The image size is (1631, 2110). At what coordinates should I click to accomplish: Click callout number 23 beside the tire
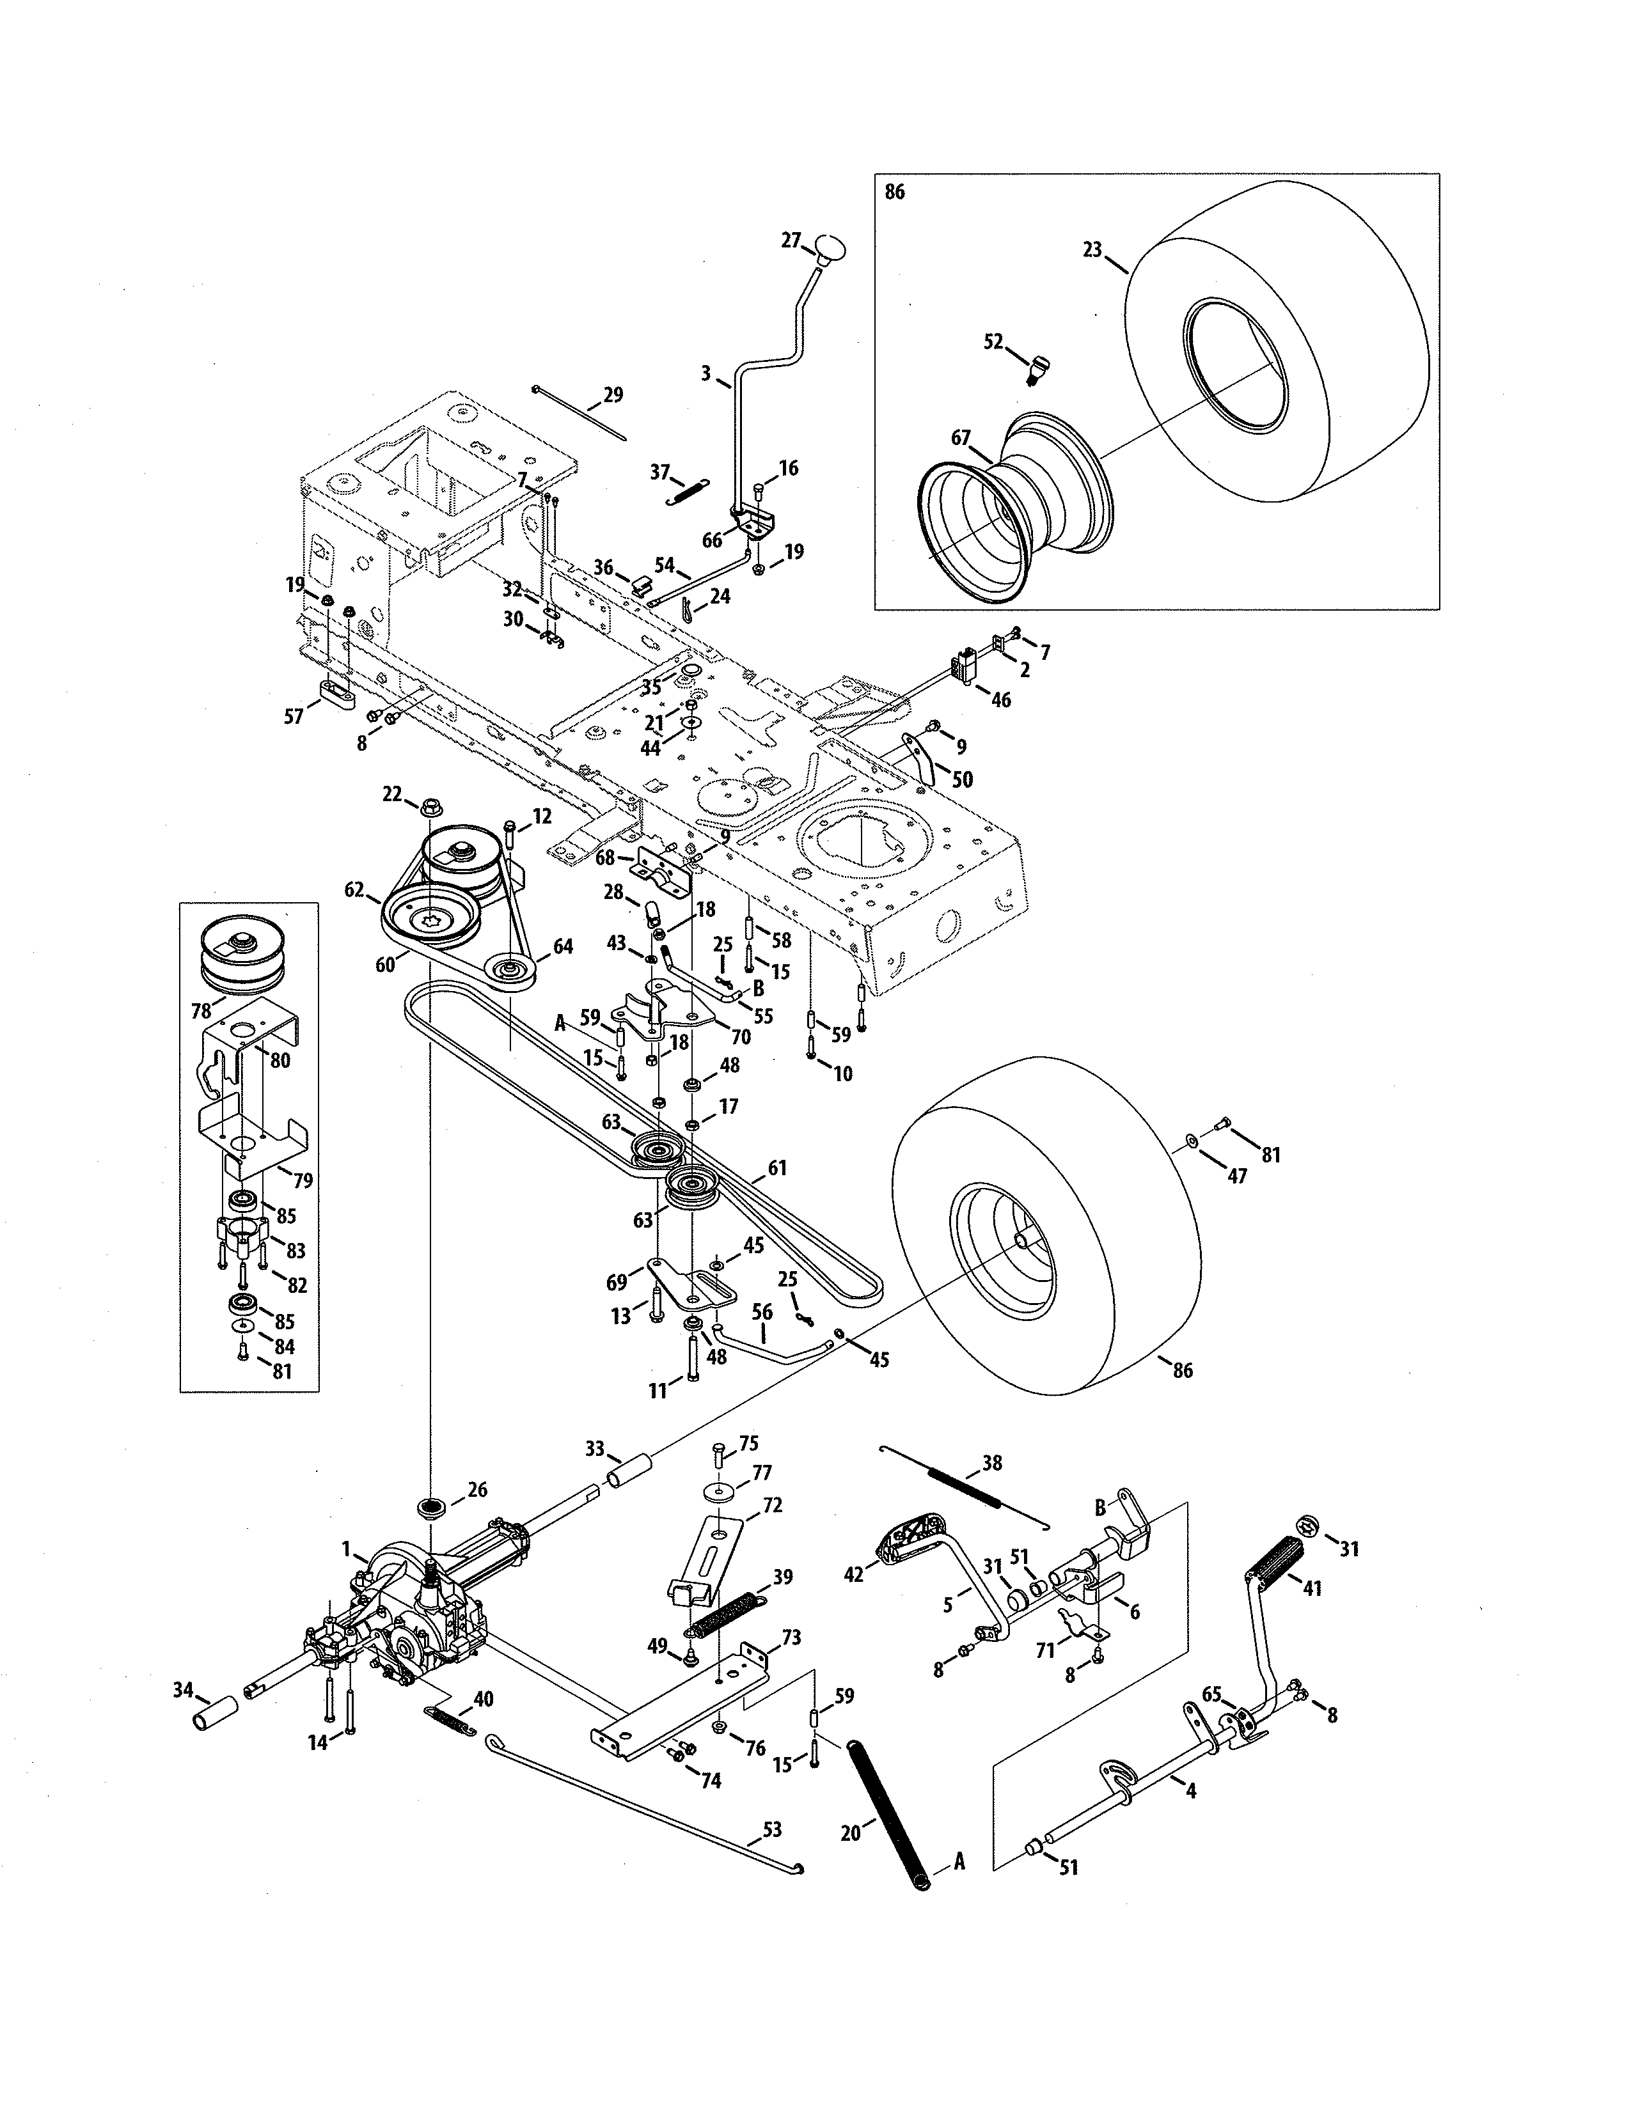pyautogui.click(x=1092, y=249)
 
